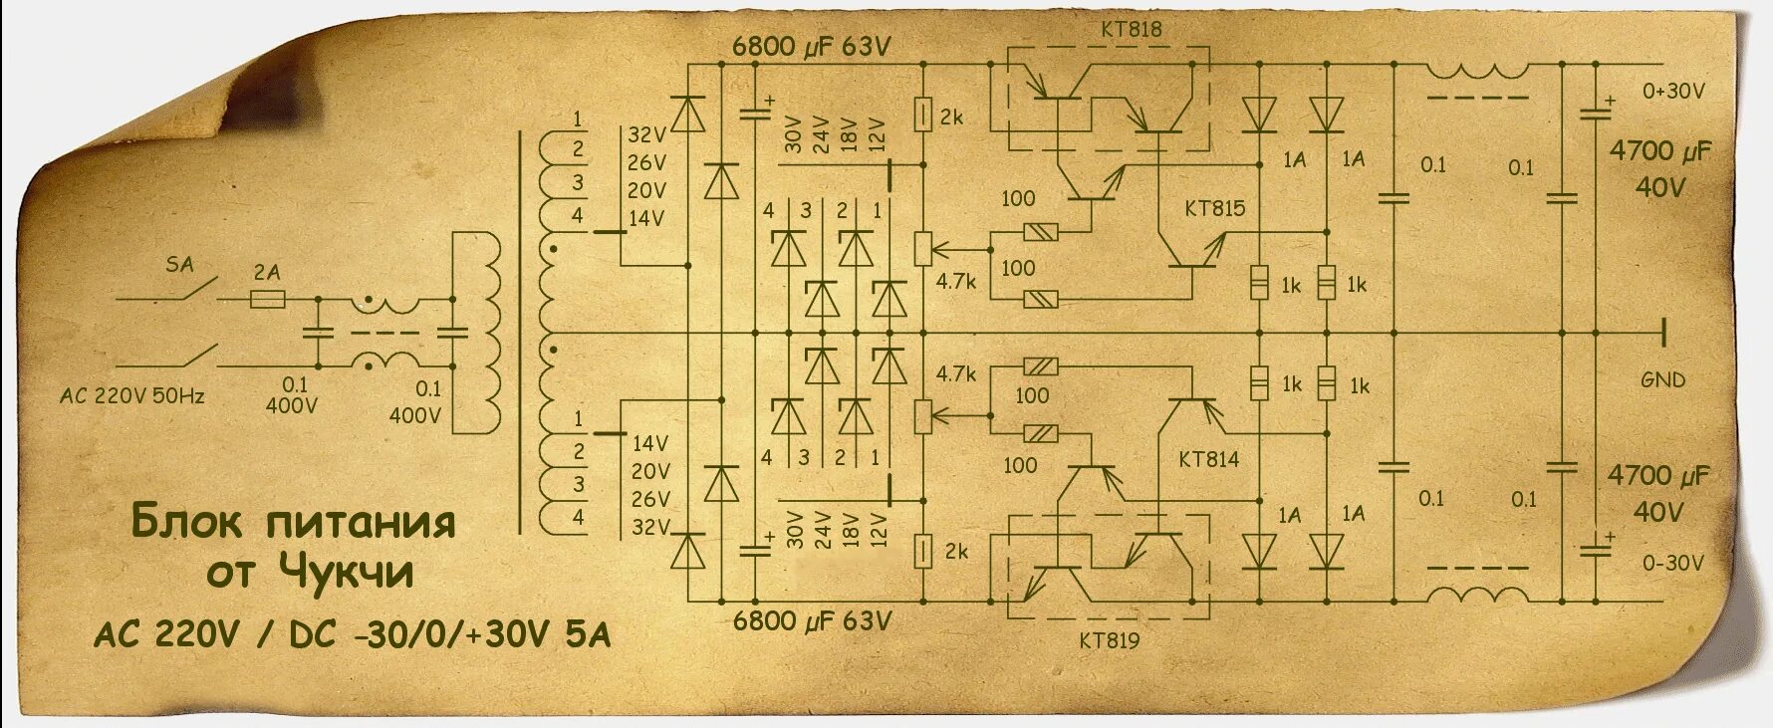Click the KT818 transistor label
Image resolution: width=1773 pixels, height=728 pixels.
[x=1132, y=29]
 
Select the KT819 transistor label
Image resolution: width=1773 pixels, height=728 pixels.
[x=1109, y=639]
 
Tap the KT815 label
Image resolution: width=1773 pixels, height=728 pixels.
[x=1214, y=208]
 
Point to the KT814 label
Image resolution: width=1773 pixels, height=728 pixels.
[x=1208, y=459]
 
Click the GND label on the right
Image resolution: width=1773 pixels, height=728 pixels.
[x=1663, y=379]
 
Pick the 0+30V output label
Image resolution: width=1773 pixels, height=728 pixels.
[x=1673, y=91]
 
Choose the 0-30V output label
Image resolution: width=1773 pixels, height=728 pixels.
[x=1673, y=563]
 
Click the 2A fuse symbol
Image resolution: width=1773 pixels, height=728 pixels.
[x=266, y=298]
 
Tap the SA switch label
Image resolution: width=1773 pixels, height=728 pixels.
[x=179, y=265]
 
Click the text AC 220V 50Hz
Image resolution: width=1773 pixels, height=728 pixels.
[x=131, y=395]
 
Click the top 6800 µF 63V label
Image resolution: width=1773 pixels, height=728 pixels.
[x=811, y=46]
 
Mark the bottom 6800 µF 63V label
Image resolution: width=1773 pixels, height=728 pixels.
[x=811, y=621]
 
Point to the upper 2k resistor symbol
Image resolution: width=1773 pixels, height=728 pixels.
[x=922, y=115]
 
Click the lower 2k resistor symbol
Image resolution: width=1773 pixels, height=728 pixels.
[x=922, y=550]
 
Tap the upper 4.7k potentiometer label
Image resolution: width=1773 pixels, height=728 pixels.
[x=955, y=281]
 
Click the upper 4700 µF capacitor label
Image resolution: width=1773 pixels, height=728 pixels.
[x=1659, y=151]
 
